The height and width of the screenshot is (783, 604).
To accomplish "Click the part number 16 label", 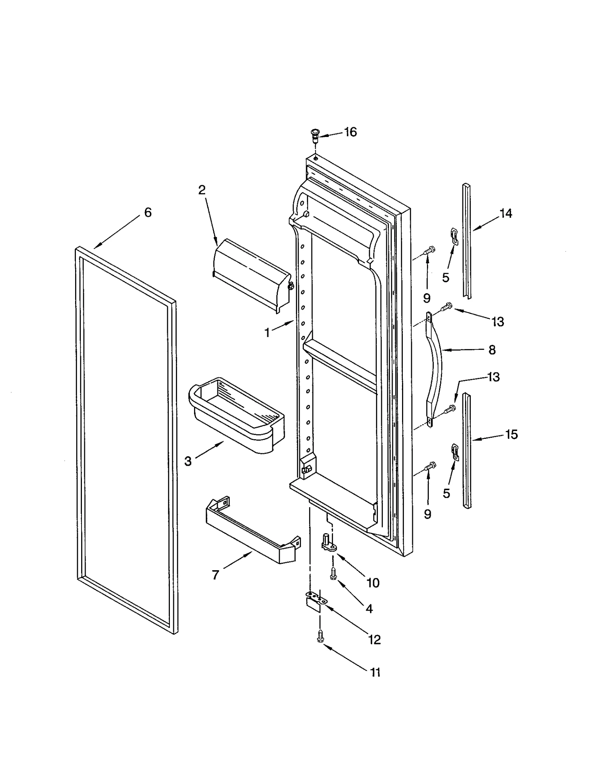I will tap(350, 132).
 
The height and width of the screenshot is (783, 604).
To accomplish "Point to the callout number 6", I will tap(148, 212).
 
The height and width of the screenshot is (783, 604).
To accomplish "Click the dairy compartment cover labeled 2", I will tap(251, 274).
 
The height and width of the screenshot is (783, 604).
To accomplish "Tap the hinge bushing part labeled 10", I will tap(327, 543).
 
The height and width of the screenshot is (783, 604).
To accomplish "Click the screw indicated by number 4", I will tap(333, 574).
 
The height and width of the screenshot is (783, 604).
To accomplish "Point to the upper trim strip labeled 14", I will tap(467, 242).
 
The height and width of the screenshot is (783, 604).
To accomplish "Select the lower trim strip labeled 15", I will tap(467, 451).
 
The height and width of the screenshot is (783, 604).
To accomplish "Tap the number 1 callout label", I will tap(267, 333).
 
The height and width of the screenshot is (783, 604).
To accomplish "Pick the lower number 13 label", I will tap(493, 377).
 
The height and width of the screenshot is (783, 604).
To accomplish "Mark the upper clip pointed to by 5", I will tap(454, 236).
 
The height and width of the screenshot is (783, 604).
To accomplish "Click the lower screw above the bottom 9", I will tap(430, 466).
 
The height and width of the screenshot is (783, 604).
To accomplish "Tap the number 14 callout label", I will tap(506, 213).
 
